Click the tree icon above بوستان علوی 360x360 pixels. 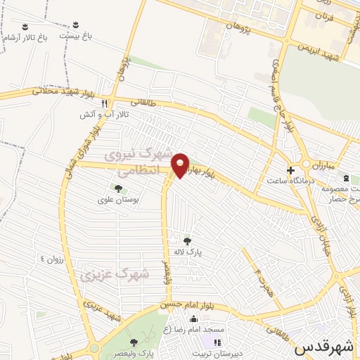click(117, 188)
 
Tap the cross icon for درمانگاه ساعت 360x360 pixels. click(290, 169)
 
